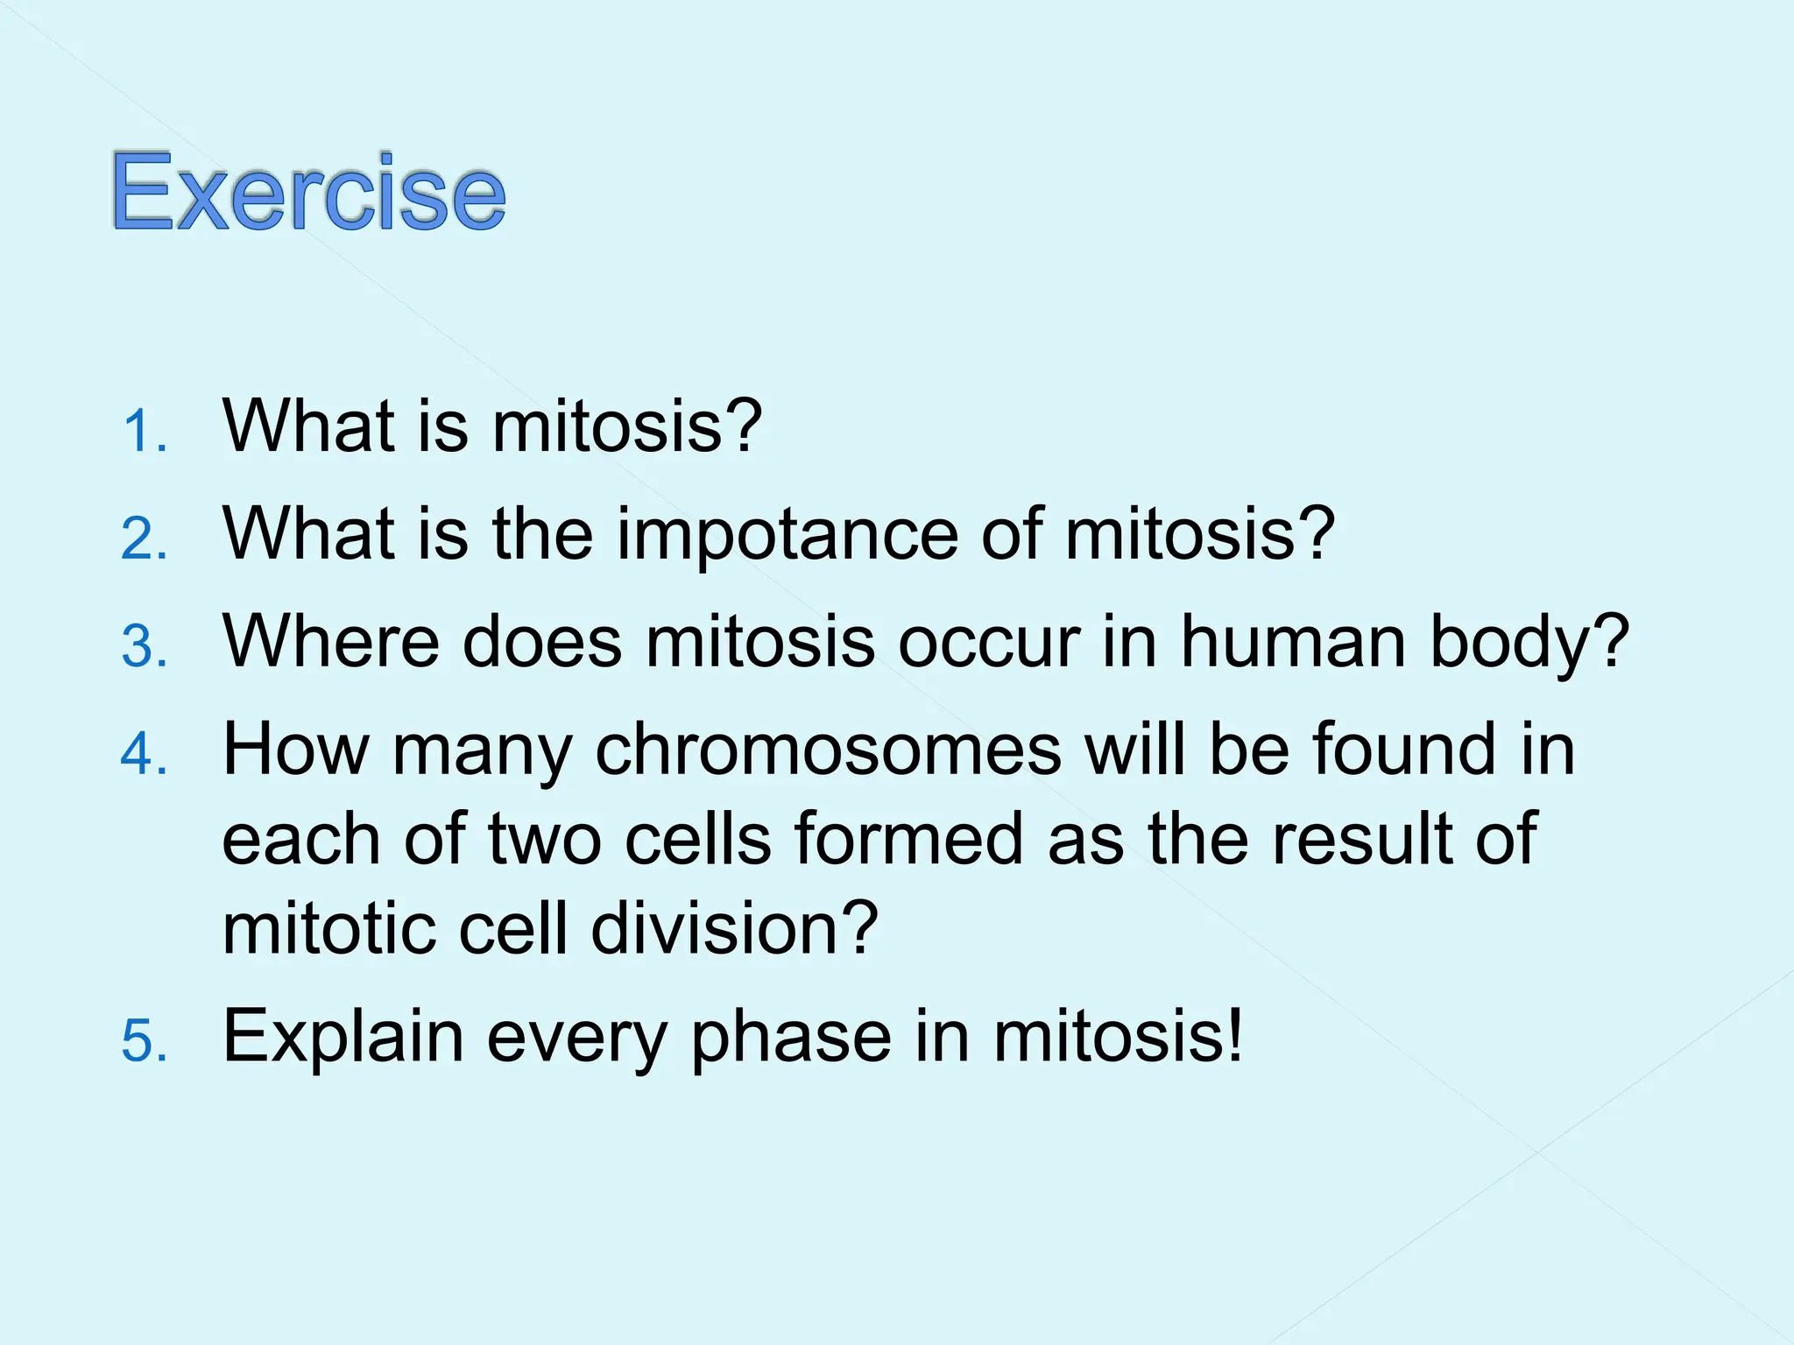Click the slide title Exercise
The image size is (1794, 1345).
[308, 192]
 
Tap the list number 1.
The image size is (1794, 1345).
[143, 432]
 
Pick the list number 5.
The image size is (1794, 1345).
[143, 1041]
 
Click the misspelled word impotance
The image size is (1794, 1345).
[788, 535]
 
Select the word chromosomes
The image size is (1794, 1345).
[828, 750]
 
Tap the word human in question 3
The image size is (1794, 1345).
[1294, 642]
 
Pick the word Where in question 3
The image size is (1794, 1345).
[330, 642]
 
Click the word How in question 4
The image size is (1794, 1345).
[296, 750]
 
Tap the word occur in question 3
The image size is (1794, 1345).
[989, 644]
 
